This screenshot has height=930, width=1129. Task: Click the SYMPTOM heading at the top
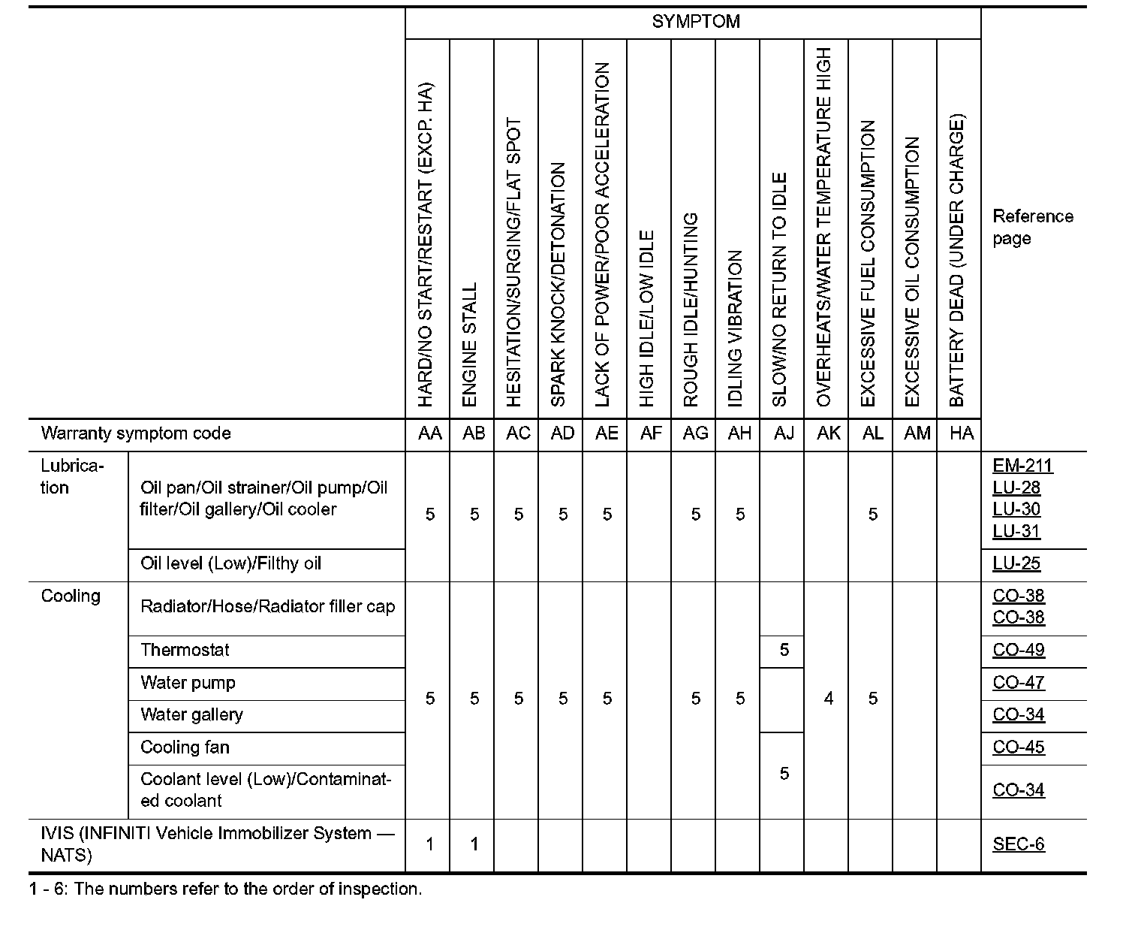(695, 22)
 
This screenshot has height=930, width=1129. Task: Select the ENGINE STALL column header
(470, 345)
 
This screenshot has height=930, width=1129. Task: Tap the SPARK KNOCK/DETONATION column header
(558, 285)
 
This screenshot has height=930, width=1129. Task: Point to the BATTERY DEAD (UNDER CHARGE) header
(956, 261)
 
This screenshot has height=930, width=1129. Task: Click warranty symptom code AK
(828, 433)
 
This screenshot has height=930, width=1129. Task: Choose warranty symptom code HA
(961, 433)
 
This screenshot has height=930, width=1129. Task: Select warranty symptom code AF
(651, 433)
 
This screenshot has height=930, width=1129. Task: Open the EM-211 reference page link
(1022, 466)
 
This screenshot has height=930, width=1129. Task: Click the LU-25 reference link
(1016, 564)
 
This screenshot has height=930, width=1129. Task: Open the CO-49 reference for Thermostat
(1019, 651)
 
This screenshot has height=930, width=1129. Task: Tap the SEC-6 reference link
(1019, 844)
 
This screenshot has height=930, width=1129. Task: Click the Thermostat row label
(185, 651)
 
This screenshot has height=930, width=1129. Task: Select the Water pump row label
(188, 683)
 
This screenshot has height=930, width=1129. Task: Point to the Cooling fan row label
(185, 747)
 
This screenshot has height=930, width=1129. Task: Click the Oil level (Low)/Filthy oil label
(230, 564)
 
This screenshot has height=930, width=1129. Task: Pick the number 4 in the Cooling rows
(828, 699)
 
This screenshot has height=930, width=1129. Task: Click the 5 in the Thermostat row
(784, 651)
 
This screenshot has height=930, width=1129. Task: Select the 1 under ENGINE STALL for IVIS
(474, 844)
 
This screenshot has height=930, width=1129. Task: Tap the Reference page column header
(1032, 227)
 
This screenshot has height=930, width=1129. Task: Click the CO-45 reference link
(1019, 747)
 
